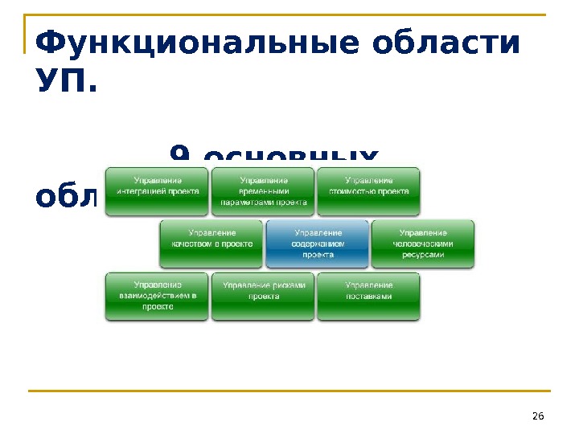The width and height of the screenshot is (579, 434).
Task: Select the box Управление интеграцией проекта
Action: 157,190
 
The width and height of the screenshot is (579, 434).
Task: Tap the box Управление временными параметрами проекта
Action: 263,190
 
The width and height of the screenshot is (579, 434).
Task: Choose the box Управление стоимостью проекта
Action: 368,190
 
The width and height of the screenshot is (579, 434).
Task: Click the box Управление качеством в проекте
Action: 211,244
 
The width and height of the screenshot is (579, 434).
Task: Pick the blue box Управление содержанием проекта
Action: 317,244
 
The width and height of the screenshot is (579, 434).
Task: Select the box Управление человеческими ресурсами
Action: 423,244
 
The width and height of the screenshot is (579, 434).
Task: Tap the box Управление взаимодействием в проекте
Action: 157,296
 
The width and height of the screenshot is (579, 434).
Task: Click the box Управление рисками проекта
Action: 263,296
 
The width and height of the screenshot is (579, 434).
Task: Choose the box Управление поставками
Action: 368,296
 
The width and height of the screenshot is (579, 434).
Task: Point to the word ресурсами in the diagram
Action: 423,255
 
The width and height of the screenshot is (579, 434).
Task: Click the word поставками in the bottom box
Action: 369,297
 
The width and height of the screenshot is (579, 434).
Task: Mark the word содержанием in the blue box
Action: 318,244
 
